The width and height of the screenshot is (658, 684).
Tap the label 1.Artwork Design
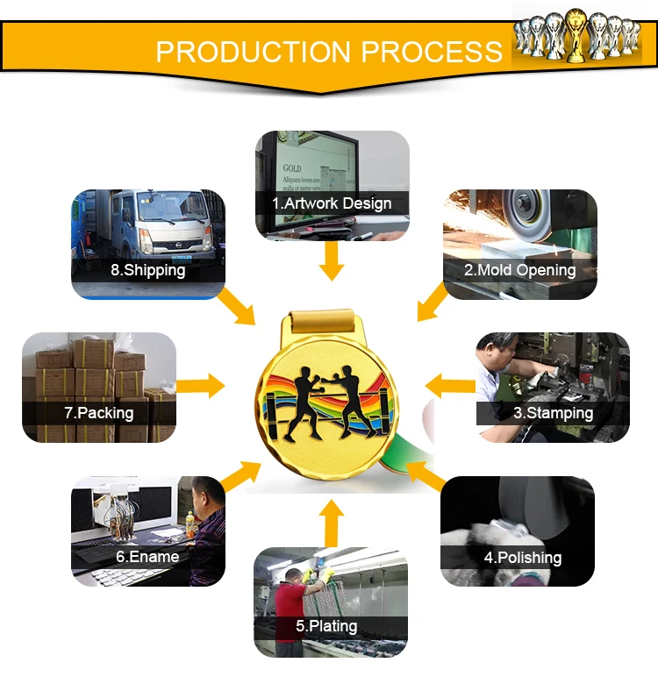332,203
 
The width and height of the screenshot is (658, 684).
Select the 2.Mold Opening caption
520,269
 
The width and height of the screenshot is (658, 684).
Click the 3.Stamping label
553,412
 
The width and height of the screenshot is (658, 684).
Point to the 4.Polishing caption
523,557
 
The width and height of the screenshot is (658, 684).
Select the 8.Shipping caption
147,269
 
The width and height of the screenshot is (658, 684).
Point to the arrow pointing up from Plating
331,524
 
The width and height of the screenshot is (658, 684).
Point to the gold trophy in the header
576,35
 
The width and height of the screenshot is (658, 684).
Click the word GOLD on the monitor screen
292,167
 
